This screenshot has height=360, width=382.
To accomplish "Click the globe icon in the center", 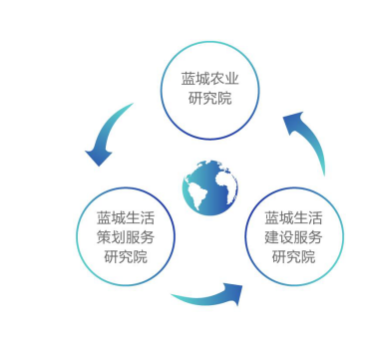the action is coord(210,187).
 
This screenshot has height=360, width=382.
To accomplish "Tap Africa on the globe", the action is coord(227,186).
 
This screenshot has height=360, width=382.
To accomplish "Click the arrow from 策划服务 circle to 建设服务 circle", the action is coord(208,297).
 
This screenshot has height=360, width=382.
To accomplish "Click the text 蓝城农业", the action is coord(210,79).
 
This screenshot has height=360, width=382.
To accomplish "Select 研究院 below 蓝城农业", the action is coord(210,98).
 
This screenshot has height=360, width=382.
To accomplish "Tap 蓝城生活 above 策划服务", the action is coord(126,218).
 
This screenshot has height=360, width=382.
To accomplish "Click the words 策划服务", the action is coord(126,237).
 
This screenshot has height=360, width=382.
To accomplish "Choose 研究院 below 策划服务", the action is coord(126,256).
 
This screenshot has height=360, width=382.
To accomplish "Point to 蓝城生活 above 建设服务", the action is coord(293,218).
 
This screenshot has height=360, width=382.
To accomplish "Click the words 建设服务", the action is coord(293,237).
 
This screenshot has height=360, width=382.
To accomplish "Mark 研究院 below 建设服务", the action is coord(293,256).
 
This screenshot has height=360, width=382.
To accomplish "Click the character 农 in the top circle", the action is coord(217,79).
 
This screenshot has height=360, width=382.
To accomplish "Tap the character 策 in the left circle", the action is coord(104,237).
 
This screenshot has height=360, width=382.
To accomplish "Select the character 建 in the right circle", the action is coord(272,237).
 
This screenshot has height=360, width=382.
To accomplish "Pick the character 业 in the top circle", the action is coord(232,79).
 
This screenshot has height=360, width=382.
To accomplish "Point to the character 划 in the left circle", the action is coord(119,237).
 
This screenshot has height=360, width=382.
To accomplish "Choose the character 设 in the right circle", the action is coord(286,237).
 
